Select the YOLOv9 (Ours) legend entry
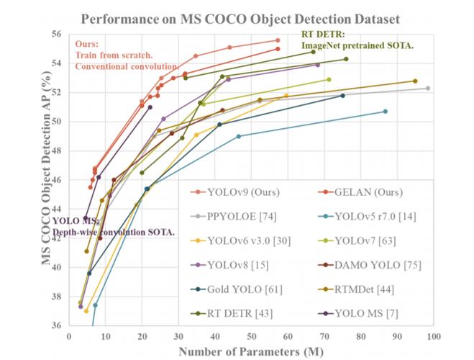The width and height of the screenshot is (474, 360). [238, 192]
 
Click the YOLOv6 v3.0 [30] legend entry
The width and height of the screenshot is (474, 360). [248, 240]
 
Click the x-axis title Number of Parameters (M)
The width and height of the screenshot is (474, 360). [250, 351]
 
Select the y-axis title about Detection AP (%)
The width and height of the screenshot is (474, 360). [45, 180]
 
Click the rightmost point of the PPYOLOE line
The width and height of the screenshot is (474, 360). [428, 88]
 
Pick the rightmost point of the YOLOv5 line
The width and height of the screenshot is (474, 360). [386, 111]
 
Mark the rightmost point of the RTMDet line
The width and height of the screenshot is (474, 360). [415, 81]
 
